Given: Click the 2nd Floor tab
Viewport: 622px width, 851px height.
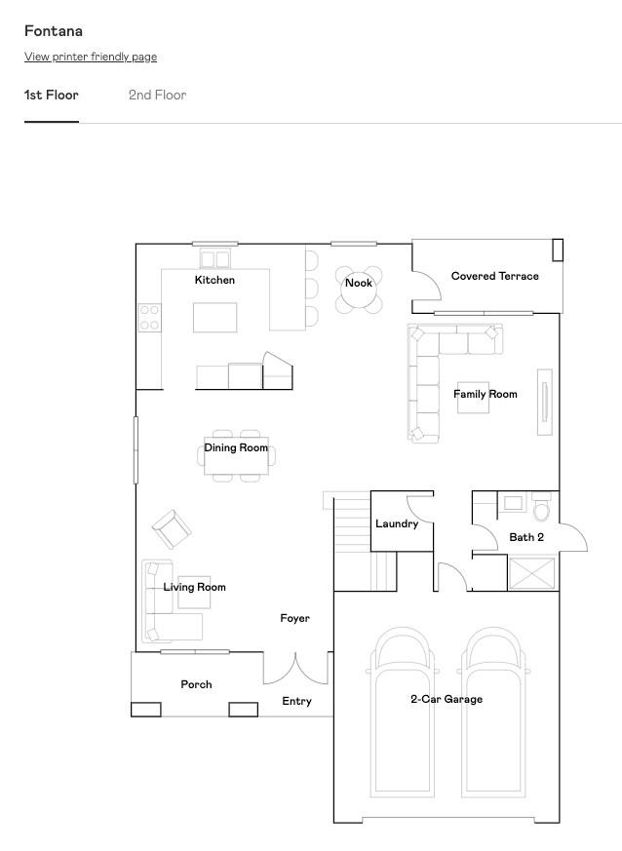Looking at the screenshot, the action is (x=157, y=95).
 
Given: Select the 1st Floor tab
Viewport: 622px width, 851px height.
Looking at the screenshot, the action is (x=52, y=95).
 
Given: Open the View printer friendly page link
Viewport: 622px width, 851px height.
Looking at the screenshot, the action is (x=91, y=57).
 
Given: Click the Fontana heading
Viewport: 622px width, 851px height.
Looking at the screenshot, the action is (x=54, y=31).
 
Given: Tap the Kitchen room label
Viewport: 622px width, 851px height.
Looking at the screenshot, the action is (x=214, y=280).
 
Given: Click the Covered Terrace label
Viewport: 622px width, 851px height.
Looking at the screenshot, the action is (x=495, y=276).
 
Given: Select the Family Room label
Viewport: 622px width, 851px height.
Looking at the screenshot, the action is (x=486, y=394).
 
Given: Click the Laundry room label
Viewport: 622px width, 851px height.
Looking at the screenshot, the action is (x=397, y=523).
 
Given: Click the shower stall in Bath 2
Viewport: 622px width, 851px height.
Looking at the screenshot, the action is (x=532, y=573).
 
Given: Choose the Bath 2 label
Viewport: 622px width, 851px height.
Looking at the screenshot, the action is (x=526, y=537).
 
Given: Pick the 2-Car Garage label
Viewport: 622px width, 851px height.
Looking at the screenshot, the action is (x=447, y=699).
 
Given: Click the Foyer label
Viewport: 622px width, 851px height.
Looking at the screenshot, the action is (x=295, y=618).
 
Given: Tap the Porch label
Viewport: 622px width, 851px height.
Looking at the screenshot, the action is (x=197, y=684).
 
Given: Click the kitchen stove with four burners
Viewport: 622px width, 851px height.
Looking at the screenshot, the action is (x=149, y=318).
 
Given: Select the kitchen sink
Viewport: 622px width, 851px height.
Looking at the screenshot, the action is (x=214, y=258).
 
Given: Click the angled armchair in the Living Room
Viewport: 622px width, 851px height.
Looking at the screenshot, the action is (x=172, y=529).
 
